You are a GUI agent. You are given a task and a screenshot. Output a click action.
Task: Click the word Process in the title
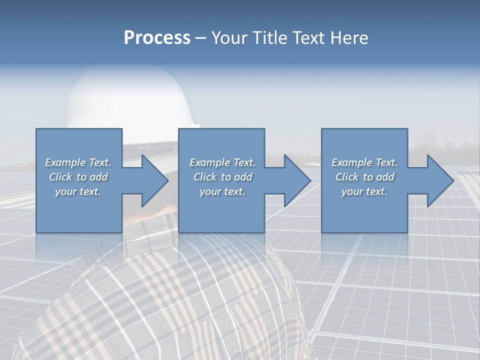point(157,38)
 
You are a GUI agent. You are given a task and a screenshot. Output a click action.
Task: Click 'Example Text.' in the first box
point(78,162)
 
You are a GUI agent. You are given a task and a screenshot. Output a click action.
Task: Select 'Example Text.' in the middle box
point(222,162)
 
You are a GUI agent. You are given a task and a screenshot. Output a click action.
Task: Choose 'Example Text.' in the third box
point(364,162)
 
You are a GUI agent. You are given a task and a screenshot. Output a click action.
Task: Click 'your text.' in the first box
point(78,191)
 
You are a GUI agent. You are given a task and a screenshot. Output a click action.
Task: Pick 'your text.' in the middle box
point(222,191)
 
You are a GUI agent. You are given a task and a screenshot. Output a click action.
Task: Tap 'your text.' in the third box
point(364,191)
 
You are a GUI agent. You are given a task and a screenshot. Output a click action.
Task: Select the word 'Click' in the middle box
point(205,177)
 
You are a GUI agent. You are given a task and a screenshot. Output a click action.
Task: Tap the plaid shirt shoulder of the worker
point(150,300)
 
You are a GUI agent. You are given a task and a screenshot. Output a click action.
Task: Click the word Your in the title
point(229,38)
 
